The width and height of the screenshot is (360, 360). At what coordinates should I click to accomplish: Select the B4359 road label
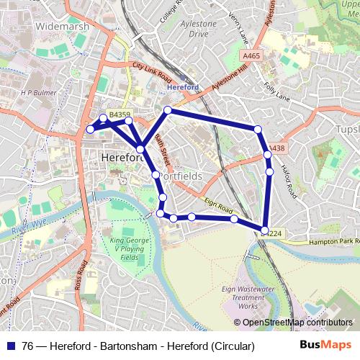pyautogui.click(x=120, y=114)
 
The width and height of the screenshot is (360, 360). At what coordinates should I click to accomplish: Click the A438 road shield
pyautogui.click(x=276, y=148)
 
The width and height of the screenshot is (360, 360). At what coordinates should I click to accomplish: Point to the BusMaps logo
pyautogui.click(x=324, y=345)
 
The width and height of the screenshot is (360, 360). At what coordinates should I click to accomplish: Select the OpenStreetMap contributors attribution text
pyautogui.click(x=296, y=323)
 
